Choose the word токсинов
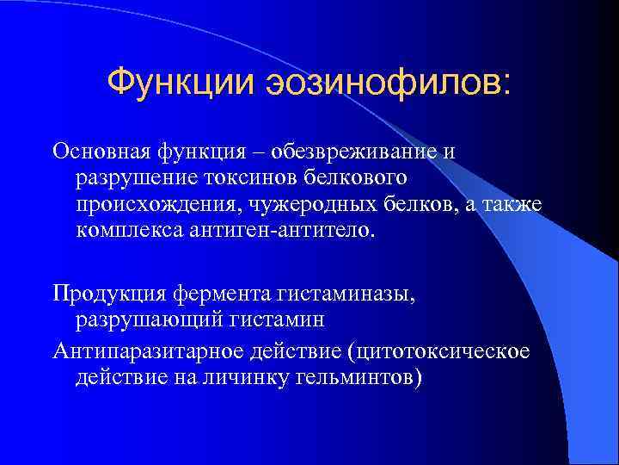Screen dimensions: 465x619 coord(241,178)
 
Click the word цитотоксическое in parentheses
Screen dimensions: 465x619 coord(430,351)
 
